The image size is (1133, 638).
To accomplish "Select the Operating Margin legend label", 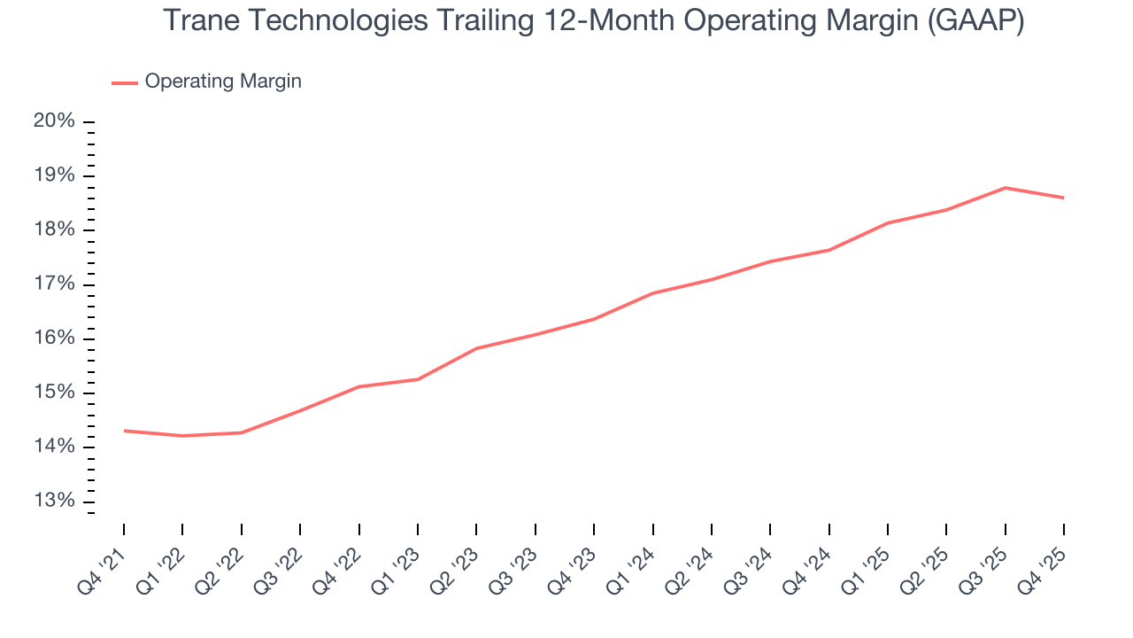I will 223,82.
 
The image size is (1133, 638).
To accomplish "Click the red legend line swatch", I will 125,82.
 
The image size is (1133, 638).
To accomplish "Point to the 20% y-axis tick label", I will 54,121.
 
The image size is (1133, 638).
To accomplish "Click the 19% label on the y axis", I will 54,175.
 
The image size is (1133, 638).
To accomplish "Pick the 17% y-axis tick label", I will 54,284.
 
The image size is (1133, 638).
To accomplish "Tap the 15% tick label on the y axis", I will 54,393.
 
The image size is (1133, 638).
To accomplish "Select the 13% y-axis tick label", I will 54,502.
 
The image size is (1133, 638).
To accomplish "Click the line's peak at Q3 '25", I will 1005,188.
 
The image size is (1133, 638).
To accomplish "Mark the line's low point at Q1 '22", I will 182,436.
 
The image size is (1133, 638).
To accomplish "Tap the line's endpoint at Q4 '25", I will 1063,198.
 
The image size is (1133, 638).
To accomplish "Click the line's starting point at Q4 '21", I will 124,431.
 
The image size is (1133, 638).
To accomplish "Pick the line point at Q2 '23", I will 476,348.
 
